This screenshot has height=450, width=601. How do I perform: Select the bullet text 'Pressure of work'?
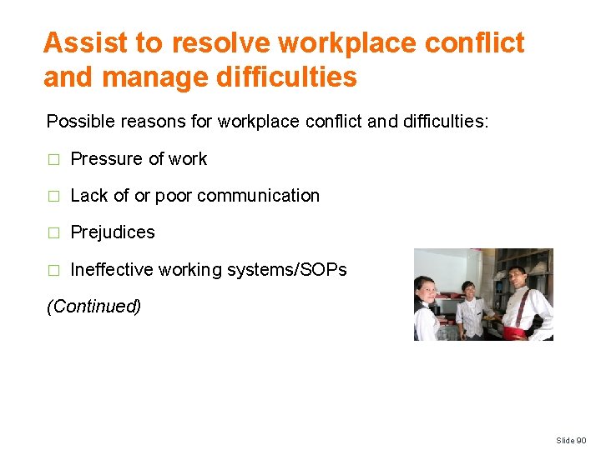[x=139, y=159]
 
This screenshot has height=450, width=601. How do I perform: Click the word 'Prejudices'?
[x=113, y=232]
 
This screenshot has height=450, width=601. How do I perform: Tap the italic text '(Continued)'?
[x=93, y=306]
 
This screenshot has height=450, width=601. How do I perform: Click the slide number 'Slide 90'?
[x=573, y=440]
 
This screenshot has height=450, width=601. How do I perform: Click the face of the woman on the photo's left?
[x=427, y=291]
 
